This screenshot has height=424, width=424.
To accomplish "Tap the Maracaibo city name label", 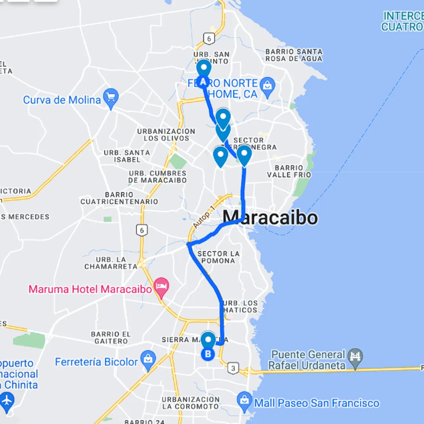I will coord(270,217).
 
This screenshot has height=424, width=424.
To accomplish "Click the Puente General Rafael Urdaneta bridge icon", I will coord(355,356).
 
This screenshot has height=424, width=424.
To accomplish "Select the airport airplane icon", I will coord(7,400).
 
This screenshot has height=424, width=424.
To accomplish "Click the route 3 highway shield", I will coord(233,368).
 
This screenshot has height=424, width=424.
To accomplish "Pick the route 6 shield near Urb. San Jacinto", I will coord(209,38).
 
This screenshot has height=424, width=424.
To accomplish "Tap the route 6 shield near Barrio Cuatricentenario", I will coord(142,230).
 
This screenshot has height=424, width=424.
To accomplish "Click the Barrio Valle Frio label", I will coord(289,171).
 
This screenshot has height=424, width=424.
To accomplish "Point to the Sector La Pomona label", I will coord(219,257).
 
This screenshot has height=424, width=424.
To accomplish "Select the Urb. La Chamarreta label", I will coord(111,263).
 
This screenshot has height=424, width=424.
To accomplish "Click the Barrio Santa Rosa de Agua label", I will coord(294,55).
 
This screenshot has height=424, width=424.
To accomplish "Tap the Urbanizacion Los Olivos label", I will coord(166,135).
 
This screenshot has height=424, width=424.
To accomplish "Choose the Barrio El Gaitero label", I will coord(111,338).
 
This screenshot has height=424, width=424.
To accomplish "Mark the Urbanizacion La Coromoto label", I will coord(191,403).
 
